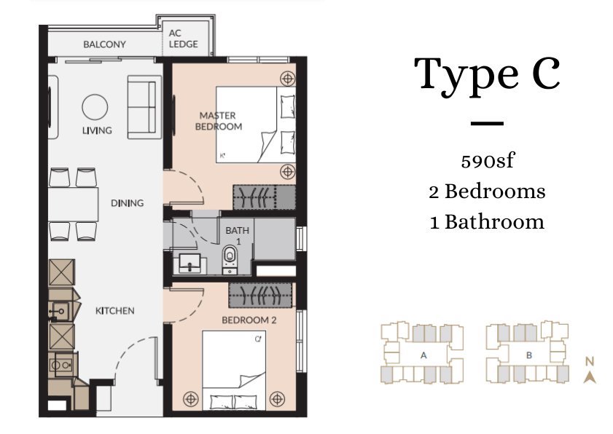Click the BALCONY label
[104, 44]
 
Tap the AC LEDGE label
[183, 39]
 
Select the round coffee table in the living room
[95, 106]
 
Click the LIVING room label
[97, 130]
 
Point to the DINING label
[127, 203]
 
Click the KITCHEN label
[115, 311]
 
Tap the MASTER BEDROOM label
[218, 121]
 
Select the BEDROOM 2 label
[249, 320]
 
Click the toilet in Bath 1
[230, 259]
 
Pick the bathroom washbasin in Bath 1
[190, 263]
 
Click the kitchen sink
[60, 311]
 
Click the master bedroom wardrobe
[265, 197]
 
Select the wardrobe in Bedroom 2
[260, 295]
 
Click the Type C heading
[487, 75]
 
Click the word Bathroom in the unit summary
[494, 222]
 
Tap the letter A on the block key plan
[423, 355]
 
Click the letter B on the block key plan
[529, 355]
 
